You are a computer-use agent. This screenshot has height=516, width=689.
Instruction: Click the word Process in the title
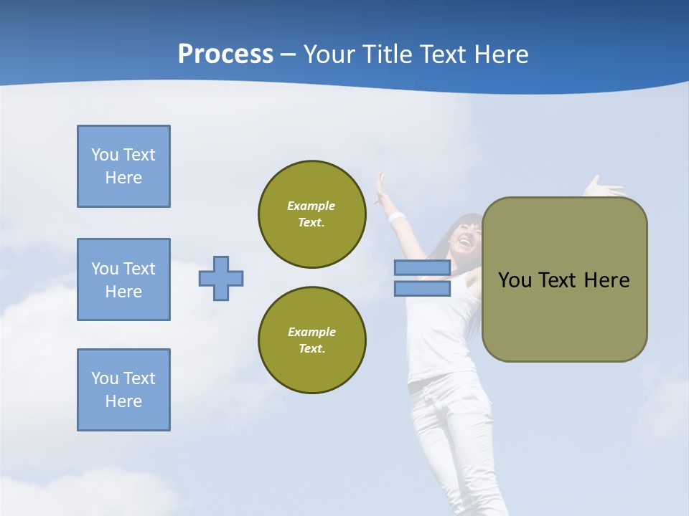(x=225, y=54)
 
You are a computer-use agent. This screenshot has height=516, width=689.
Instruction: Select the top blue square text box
(x=123, y=166)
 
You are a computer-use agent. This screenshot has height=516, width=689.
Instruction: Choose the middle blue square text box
(x=123, y=279)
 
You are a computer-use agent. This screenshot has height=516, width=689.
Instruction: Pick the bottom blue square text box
(x=123, y=390)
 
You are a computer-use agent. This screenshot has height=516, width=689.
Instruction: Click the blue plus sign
(x=221, y=278)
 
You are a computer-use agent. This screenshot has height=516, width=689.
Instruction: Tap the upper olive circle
(x=311, y=214)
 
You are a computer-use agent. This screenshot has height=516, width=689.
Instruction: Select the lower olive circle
(x=311, y=340)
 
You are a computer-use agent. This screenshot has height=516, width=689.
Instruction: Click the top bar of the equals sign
(x=422, y=268)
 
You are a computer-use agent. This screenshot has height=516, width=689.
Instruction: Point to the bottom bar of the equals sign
(x=422, y=288)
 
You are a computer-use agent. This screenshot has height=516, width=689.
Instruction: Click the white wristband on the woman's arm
(x=397, y=216)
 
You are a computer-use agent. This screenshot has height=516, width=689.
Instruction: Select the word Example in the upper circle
(x=311, y=206)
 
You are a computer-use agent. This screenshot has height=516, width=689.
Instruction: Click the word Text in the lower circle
(x=311, y=349)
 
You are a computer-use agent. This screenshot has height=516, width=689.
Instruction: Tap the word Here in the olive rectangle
(x=606, y=280)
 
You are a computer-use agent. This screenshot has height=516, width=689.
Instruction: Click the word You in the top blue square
(x=104, y=155)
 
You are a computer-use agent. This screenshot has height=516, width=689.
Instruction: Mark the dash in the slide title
(x=289, y=54)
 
